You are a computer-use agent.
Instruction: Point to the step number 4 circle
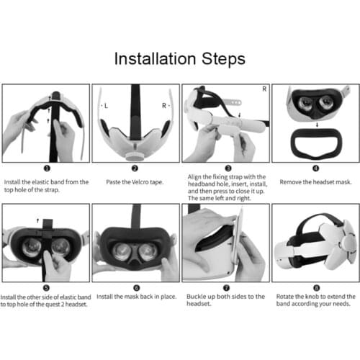(314, 169)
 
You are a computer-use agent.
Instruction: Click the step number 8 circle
(314, 287)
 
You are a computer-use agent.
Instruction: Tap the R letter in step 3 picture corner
(264, 89)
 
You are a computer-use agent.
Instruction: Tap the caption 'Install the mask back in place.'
(134, 296)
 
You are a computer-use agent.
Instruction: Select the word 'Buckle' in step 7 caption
(197, 296)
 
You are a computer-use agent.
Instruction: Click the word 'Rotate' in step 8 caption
(286, 296)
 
